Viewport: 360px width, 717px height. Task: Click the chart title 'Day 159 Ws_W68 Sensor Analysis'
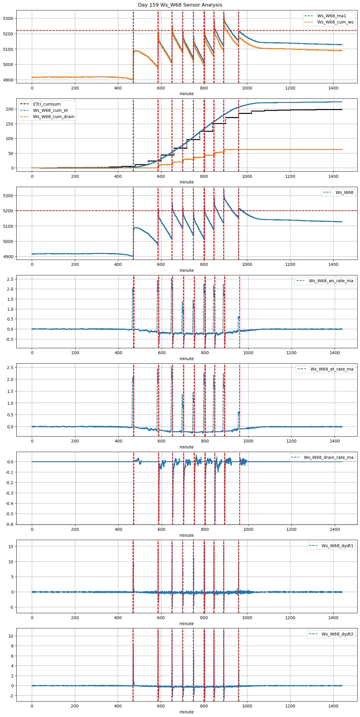pyautogui.click(x=180, y=5)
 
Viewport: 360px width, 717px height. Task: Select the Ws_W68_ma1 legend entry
pyautogui.click(x=331, y=16)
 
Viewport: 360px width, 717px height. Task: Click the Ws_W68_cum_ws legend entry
pyautogui.click(x=335, y=22)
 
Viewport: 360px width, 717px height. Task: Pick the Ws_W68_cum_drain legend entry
pyautogui.click(x=54, y=117)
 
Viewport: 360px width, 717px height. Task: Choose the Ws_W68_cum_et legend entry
pyautogui.click(x=50, y=110)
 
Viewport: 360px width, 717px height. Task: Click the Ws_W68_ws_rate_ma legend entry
pyautogui.click(x=331, y=281)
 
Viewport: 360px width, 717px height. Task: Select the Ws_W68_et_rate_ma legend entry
pyautogui.click(x=332, y=369)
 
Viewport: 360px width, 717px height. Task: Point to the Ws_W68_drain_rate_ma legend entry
pyautogui.click(x=328, y=457)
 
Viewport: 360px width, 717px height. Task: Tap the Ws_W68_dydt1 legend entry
pyautogui.click(x=337, y=546)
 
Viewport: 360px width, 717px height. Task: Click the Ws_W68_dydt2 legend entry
pyautogui.click(x=337, y=634)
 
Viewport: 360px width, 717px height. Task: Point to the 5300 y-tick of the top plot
pyautogui.click(x=8, y=18)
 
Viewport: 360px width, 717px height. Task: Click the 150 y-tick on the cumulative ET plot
pyautogui.click(x=10, y=124)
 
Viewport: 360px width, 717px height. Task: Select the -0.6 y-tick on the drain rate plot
pyautogui.click(x=10, y=524)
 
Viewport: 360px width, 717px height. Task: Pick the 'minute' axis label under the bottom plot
pyautogui.click(x=186, y=712)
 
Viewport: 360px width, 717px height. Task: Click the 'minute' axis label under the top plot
pyautogui.click(x=186, y=94)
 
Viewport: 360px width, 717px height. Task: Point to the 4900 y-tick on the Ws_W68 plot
pyautogui.click(x=8, y=257)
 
